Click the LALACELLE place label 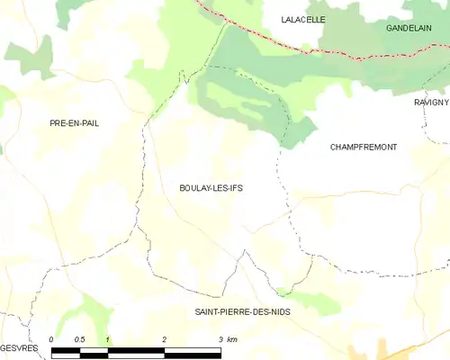pyautogui.click(x=302, y=19)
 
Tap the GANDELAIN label pyautogui.click(x=409, y=29)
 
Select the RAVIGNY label pyautogui.click(x=431, y=103)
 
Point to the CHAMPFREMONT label pyautogui.click(x=364, y=147)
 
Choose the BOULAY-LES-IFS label pyautogui.click(x=211, y=189)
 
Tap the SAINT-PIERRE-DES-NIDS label pyautogui.click(x=242, y=311)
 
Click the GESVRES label pyautogui.click(x=18, y=347)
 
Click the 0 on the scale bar pyautogui.click(x=51, y=339)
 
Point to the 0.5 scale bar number pyautogui.click(x=79, y=339)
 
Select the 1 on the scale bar pyautogui.click(x=108, y=339)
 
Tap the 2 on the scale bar pyautogui.click(x=165, y=339)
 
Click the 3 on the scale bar pyautogui.click(x=220, y=339)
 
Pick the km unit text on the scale pyautogui.click(x=232, y=339)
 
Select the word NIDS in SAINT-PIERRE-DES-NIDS pyautogui.click(x=276, y=311)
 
